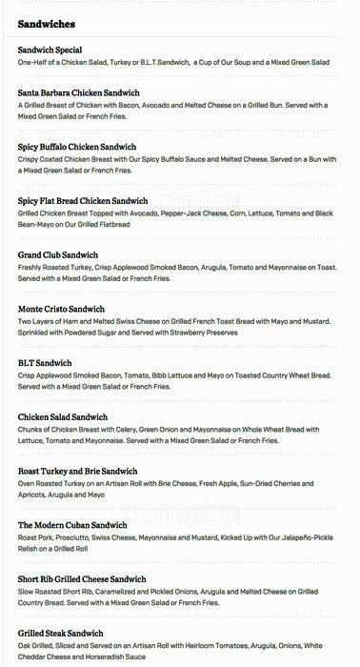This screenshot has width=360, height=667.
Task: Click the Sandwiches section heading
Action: coord(47,23)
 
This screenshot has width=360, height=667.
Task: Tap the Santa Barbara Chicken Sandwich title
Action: coord(78,92)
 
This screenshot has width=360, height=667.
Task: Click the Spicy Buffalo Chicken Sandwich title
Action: coord(77,147)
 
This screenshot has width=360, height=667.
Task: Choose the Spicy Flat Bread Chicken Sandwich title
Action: coord(83,201)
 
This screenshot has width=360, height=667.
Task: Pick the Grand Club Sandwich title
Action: coord(58,255)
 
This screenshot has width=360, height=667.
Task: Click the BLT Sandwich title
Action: coord(45,363)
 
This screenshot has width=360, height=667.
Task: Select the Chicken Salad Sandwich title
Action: coord(63,417)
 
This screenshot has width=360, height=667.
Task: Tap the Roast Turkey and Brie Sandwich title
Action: coord(78,472)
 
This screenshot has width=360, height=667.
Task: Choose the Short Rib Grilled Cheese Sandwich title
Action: coord(82,579)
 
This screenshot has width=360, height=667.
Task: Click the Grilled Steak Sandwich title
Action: coord(61,634)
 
